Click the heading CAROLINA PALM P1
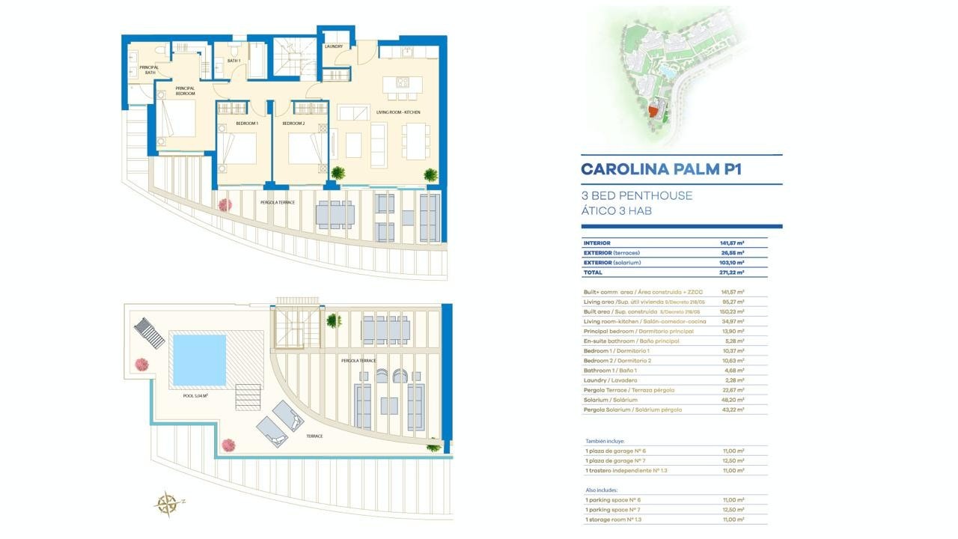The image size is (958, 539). tap(661, 169)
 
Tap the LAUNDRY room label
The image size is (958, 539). tap(334, 46)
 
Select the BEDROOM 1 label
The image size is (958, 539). tap(247, 123)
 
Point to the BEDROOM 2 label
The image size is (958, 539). tap(294, 123)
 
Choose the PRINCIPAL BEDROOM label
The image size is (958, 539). tap(185, 91)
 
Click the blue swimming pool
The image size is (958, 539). tap(199, 359)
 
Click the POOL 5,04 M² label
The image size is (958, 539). tap(195, 396)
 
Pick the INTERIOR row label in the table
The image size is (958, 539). tap(597, 243)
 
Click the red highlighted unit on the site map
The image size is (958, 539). tap(653, 111)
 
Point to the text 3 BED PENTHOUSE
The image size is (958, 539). tap(637, 195)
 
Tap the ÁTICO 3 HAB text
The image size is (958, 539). tap(617, 211)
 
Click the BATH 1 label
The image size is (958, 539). tap(234, 61)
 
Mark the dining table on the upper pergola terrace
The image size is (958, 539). tap(334, 214)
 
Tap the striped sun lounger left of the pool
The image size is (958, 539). tap(149, 333)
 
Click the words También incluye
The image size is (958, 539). tap(604, 442)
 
